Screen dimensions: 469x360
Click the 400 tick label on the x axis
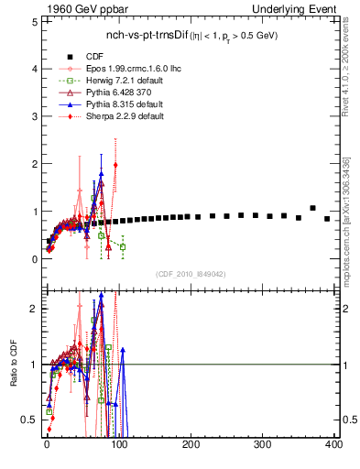point(333,445)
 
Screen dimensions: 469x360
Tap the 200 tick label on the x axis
point(191,445)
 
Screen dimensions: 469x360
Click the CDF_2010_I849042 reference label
point(191,274)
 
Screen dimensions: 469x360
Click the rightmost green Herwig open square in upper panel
point(123,247)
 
